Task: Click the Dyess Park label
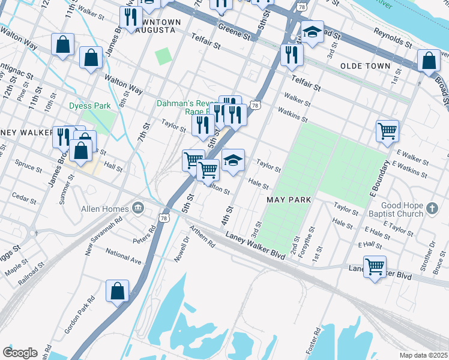tap(89, 106)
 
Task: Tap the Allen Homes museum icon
tap(139, 208)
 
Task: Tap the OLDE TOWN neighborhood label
tap(365, 65)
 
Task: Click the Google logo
tap(20, 353)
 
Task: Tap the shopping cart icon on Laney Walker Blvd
tap(375, 266)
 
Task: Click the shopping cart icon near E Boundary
tap(388, 130)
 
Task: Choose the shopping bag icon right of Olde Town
tap(429, 61)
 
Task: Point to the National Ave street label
tap(123, 256)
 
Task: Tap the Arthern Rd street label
tap(202, 237)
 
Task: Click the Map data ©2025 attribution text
tap(424, 355)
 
